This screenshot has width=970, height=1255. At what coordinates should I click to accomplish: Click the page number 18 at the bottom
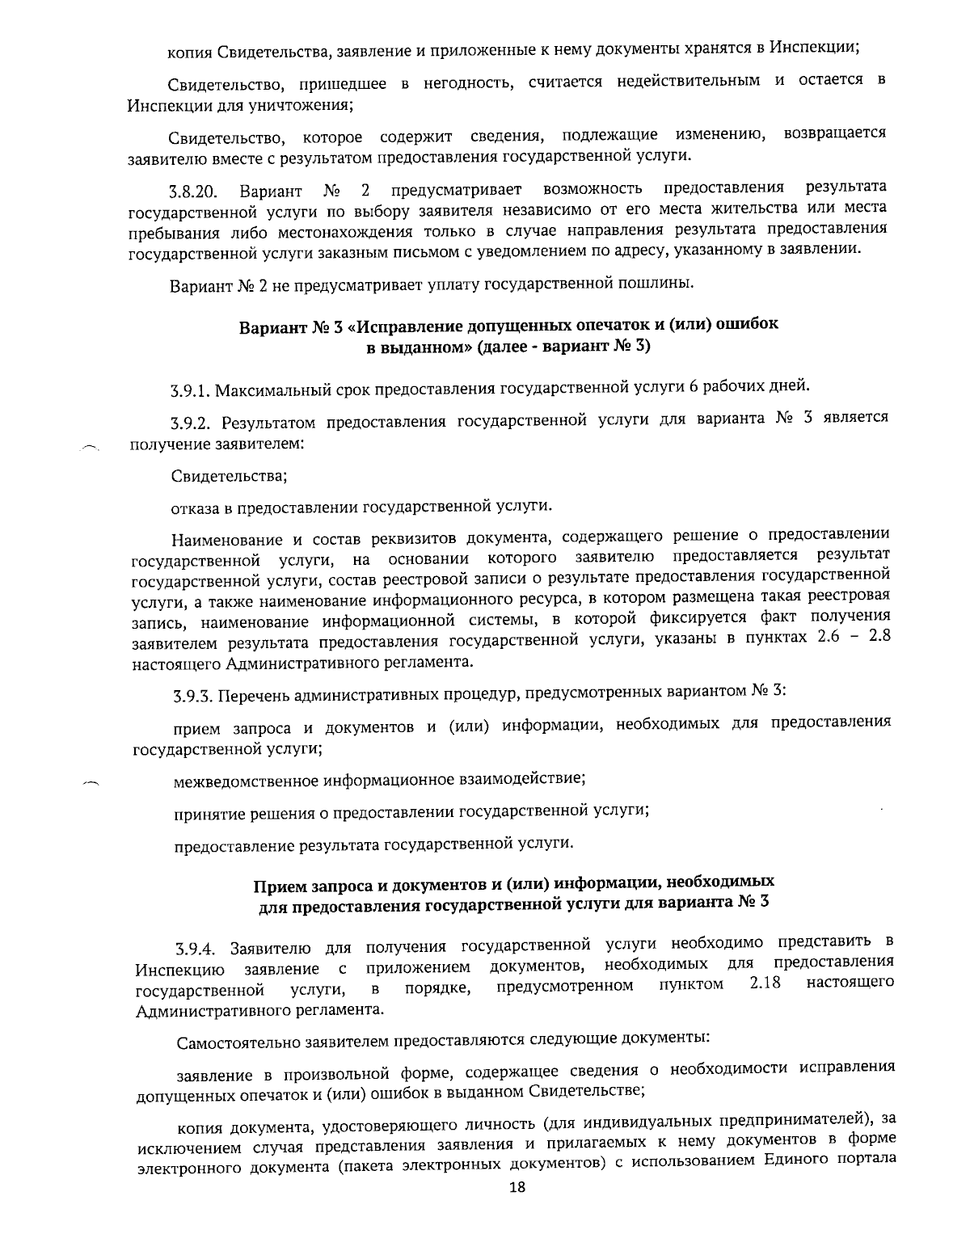pyautogui.click(x=517, y=1187)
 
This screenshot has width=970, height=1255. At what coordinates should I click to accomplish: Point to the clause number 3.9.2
pyautogui.click(x=192, y=422)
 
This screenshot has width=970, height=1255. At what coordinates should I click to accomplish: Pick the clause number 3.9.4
pyautogui.click(x=197, y=947)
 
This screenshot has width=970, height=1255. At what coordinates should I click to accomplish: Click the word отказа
pyautogui.click(x=194, y=507)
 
